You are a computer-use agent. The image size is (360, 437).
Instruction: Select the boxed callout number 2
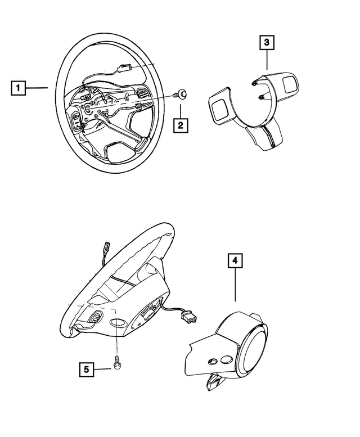point(180,125)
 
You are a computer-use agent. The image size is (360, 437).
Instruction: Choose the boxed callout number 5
point(87,369)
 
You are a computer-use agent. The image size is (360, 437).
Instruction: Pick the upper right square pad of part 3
point(292,83)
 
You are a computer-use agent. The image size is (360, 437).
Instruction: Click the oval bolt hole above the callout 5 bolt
point(117,325)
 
